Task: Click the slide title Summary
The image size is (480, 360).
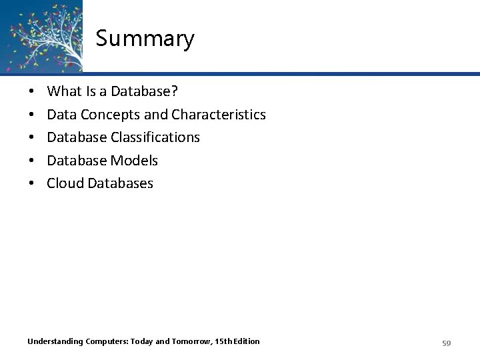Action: pos(145,39)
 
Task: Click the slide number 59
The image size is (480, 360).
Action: pos(447,343)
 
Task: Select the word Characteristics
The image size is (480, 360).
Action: pos(218,115)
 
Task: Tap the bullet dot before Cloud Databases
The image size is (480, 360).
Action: pos(32,183)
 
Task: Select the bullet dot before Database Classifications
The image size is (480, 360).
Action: pos(32,138)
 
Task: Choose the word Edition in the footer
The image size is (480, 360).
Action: pos(243,342)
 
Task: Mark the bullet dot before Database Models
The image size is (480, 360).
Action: pos(32,161)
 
